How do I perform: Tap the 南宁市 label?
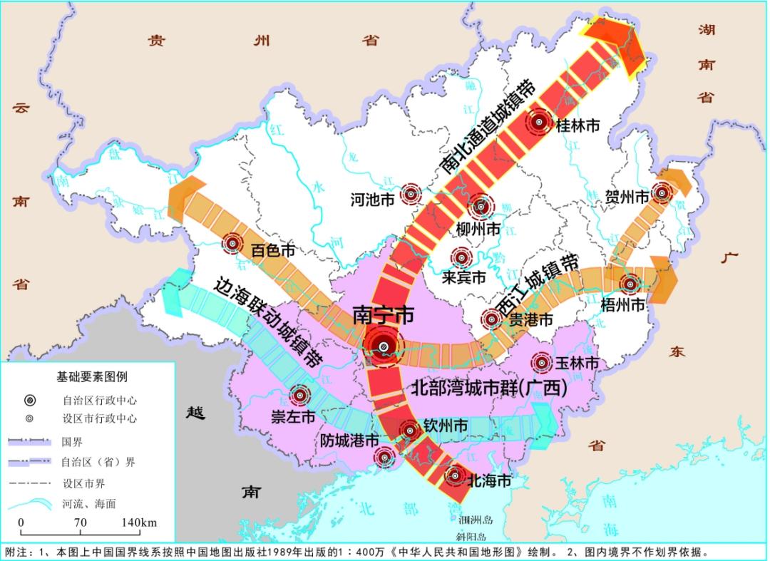[x=383, y=315]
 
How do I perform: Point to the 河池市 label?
[x=372, y=200]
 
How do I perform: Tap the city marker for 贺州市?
[x=663, y=192]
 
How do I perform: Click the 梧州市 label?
[x=627, y=305]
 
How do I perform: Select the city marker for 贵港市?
[x=491, y=320]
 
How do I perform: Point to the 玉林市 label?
[x=576, y=364]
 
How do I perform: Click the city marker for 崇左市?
[x=299, y=395]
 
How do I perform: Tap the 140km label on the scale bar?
[x=139, y=523]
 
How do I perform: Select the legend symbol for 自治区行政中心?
[x=29, y=399]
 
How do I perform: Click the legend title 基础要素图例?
[x=92, y=376]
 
